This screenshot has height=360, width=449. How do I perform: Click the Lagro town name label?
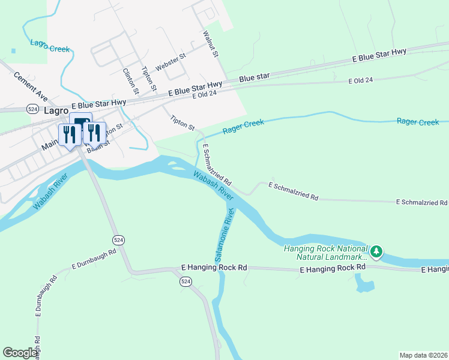pos(57,110)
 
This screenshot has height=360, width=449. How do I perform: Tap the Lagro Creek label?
pos(50,46)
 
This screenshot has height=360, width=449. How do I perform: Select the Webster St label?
pos(170,62)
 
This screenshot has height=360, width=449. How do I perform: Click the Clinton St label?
pos(130,81)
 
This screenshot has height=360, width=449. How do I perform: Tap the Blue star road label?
pos(255,77)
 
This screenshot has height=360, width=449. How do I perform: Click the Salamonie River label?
pos(223,231)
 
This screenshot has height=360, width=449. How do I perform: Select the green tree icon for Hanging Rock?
pos(376,251)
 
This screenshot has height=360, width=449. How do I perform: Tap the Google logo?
pos(20,353)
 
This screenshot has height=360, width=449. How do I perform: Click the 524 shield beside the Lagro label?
pos(33,109)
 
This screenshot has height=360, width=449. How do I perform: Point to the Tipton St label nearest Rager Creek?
pos(182,123)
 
